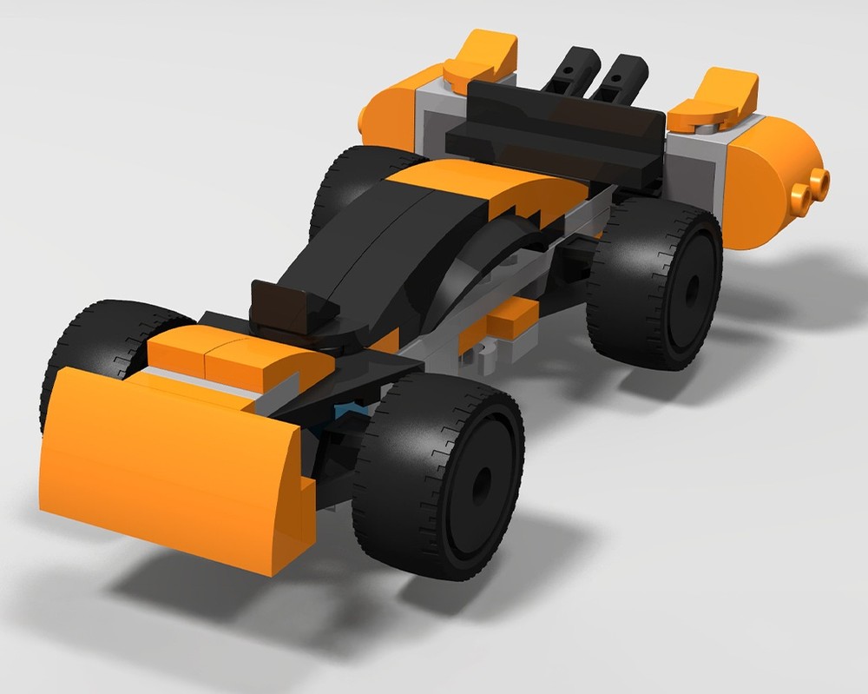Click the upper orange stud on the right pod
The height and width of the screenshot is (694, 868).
click(819, 180)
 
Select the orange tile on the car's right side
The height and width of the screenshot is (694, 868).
click(512, 318)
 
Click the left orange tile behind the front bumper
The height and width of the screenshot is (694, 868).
click(178, 348)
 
